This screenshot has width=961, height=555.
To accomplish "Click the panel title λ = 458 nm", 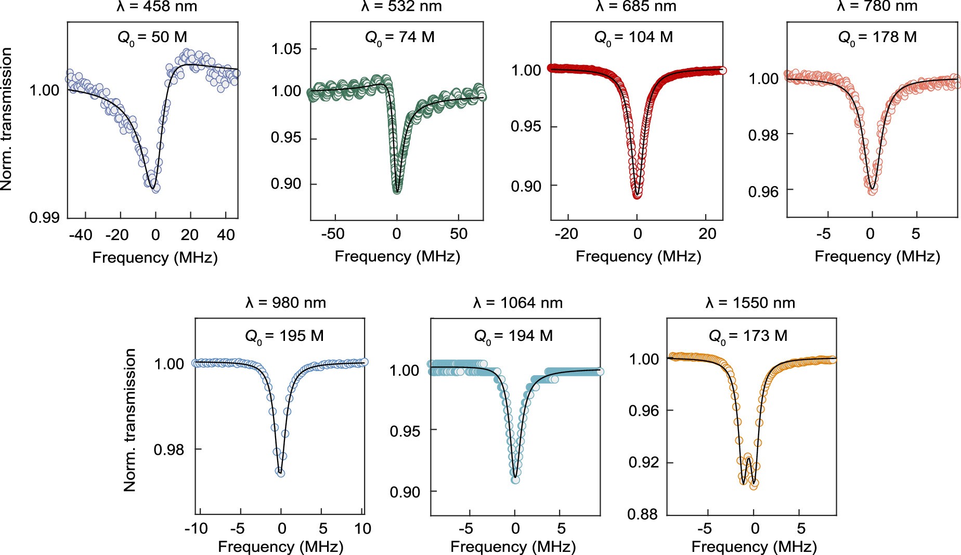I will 156,6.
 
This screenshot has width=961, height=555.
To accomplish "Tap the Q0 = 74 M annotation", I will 399,37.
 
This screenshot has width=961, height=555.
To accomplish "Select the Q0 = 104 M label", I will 633,37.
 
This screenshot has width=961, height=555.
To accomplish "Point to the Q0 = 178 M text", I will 877,37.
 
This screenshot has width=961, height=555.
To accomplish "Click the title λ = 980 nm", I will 285,302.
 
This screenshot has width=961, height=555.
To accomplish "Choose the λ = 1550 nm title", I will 750,302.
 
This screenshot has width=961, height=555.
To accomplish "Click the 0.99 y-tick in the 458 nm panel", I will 44,217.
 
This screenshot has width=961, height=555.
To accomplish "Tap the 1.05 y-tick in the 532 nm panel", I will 286,49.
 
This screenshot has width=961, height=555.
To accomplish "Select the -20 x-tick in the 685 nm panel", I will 566,234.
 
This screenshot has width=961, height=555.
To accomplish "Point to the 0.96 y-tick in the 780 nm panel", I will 763,192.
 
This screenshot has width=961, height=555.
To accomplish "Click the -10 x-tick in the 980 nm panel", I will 196,528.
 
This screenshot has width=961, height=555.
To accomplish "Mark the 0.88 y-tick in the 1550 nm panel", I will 643,514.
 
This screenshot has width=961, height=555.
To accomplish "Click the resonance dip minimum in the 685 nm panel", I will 638,195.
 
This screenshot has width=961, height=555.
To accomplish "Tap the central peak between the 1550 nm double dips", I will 748,457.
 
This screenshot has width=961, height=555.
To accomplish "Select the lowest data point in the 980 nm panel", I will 280,472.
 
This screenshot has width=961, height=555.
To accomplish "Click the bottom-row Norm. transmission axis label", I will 129,420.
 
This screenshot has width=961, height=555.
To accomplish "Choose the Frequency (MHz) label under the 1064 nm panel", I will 513,546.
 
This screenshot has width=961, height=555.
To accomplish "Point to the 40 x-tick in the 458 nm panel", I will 226,235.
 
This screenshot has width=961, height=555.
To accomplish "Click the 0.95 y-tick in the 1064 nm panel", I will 405,431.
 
